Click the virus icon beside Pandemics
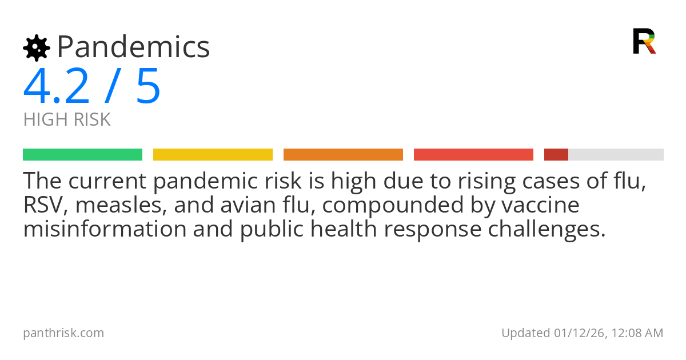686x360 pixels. (36, 47)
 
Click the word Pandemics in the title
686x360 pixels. (134, 47)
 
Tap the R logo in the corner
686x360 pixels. (644, 41)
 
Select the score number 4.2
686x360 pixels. (57, 87)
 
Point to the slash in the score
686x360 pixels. (112, 87)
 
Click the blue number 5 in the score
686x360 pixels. (148, 87)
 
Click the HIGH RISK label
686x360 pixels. (67, 120)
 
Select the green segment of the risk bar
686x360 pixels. (82, 155)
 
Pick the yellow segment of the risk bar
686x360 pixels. (213, 155)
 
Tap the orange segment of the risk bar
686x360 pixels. (343, 155)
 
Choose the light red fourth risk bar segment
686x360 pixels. (473, 155)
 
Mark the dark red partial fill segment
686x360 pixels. (556, 155)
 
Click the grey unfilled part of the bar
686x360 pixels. (616, 155)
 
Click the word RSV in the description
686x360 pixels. (42, 205)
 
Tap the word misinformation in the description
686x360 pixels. (105, 229)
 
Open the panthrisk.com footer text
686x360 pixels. (63, 333)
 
